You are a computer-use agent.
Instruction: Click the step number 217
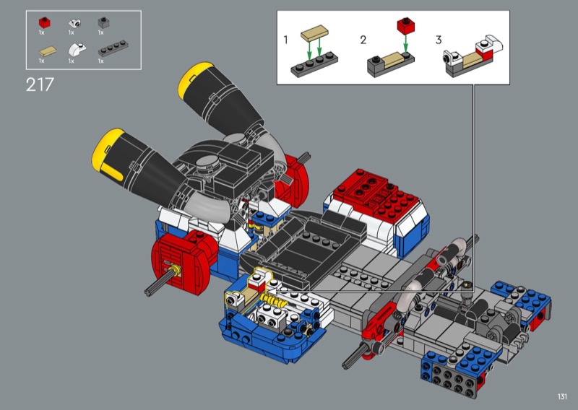click(40, 84)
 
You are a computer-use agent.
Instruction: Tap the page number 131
click(562, 396)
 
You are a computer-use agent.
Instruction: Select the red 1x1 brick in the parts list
click(44, 23)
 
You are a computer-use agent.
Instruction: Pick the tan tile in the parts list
click(48, 51)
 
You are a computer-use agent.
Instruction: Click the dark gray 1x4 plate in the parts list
click(113, 48)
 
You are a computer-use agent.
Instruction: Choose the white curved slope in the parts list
click(77, 49)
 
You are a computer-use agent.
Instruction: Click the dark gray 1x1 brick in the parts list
click(103, 23)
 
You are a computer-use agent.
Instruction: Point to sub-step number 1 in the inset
click(285, 40)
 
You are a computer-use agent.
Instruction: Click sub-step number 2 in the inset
click(363, 40)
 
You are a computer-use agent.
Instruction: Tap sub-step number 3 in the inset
click(439, 40)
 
